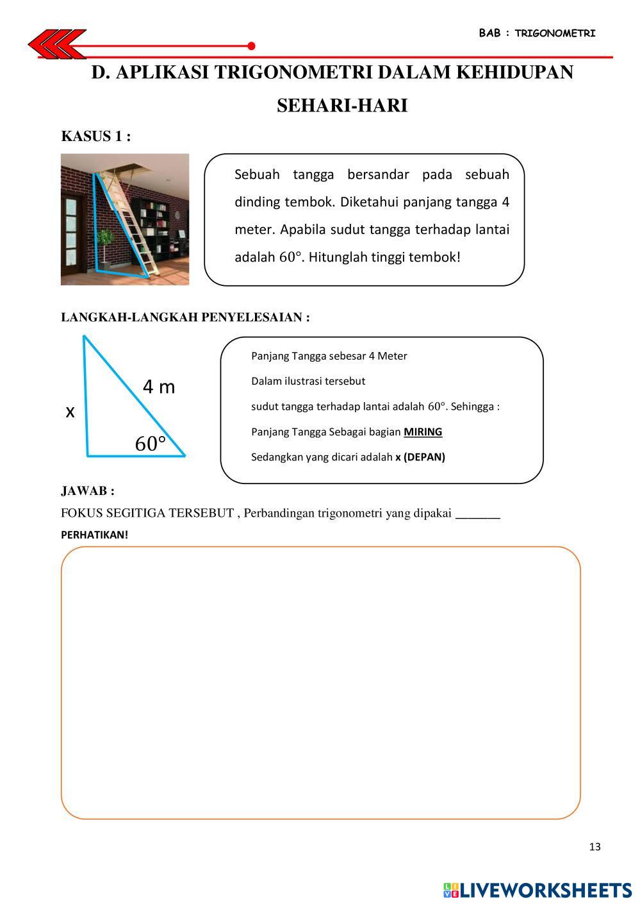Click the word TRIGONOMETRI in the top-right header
[555, 33]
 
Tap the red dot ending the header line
[251, 46]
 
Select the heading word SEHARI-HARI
[342, 106]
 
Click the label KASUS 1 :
[96, 137]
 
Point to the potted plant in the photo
[106, 244]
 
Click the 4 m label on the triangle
[159, 387]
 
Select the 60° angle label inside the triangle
[151, 444]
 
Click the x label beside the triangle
[70, 412]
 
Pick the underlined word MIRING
[423, 432]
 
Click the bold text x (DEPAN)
[420, 457]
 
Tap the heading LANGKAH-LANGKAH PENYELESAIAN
[185, 317]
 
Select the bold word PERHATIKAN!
[95, 535]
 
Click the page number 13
[595, 847]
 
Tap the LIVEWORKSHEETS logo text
[545, 890]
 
